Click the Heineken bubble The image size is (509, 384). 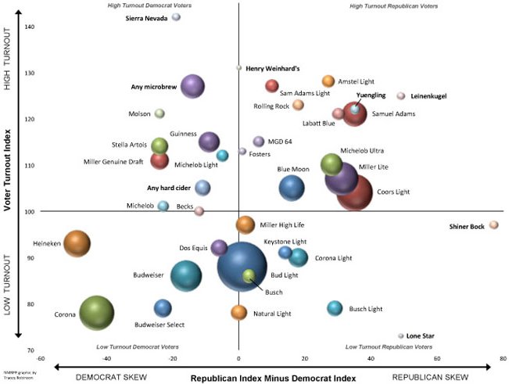tap(77, 243)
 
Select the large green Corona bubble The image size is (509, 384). tap(96, 314)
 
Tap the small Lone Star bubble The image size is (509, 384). tap(401, 336)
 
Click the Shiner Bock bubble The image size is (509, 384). tap(493, 225)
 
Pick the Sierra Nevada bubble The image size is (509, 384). tap(176, 17)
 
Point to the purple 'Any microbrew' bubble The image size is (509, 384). tap(193, 87)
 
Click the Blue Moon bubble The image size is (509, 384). tap(292, 188)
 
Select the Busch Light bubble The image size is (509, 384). tap(335, 308)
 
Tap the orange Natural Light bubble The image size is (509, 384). tap(239, 313)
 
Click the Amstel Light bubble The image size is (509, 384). tap(328, 81)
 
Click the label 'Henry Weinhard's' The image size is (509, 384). tap(273, 68)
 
